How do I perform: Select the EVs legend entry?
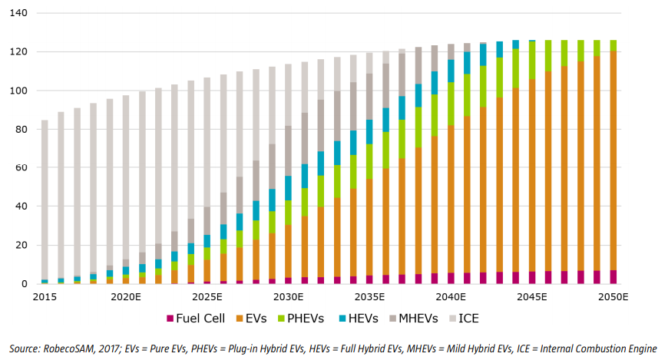pyautogui.click(x=261, y=318)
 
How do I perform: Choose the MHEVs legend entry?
pyautogui.click(x=422, y=318)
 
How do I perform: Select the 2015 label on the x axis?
pyautogui.click(x=45, y=297)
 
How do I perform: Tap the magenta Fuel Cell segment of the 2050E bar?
pyautogui.click(x=614, y=277)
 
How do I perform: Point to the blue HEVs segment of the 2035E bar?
pyautogui.click(x=370, y=131)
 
